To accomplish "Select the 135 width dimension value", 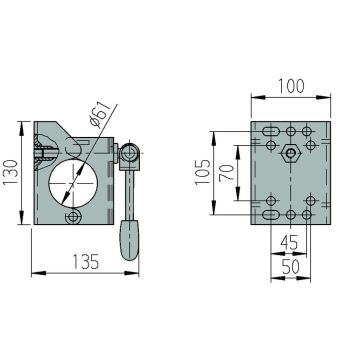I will (85, 262).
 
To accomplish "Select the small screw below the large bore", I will (71, 216).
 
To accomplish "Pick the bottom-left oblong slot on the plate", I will (270, 212).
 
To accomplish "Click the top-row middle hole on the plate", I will (290, 131).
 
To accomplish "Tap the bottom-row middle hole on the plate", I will (290, 214).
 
